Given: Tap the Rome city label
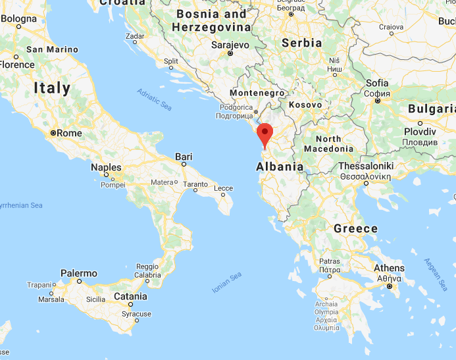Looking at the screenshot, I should click(69, 133).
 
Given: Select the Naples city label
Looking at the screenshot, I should click(106, 168).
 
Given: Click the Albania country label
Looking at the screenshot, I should click(280, 167).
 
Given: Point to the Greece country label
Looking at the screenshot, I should click(355, 229).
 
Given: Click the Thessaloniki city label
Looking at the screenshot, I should click(366, 167).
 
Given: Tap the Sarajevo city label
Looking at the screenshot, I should click(230, 45).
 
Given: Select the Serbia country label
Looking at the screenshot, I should click(301, 43).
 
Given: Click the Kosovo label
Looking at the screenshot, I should click(305, 105).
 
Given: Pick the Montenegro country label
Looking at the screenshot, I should click(256, 93).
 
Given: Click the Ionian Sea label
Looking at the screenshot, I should click(226, 282).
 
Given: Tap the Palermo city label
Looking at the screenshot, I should click(78, 273).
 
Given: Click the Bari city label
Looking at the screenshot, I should click(184, 157).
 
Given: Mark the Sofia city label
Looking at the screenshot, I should click(377, 83).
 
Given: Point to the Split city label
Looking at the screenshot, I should click(171, 61).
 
